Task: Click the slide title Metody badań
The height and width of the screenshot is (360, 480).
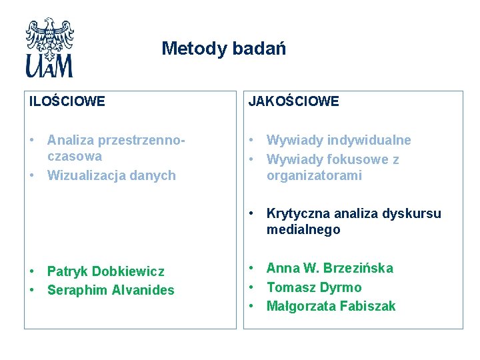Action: click(223, 49)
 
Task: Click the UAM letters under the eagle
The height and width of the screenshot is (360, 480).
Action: click(49, 66)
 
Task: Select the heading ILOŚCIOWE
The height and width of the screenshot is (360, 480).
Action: click(67, 101)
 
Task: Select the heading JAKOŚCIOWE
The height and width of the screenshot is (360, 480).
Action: click(293, 101)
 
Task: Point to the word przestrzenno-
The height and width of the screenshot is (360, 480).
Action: click(141, 140)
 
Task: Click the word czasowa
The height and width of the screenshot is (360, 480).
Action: click(74, 157)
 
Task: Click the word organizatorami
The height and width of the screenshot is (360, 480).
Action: click(314, 176)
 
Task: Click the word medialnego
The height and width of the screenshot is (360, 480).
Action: click(303, 230)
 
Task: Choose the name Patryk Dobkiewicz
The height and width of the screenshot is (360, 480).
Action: click(105, 271)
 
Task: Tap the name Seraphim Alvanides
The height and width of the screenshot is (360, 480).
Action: click(111, 290)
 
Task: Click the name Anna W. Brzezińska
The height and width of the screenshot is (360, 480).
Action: click(330, 268)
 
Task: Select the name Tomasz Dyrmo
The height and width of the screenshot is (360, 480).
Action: click(314, 287)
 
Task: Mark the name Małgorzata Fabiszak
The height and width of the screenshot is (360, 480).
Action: click(331, 306)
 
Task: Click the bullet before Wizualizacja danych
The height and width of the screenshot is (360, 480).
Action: click(32, 175)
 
